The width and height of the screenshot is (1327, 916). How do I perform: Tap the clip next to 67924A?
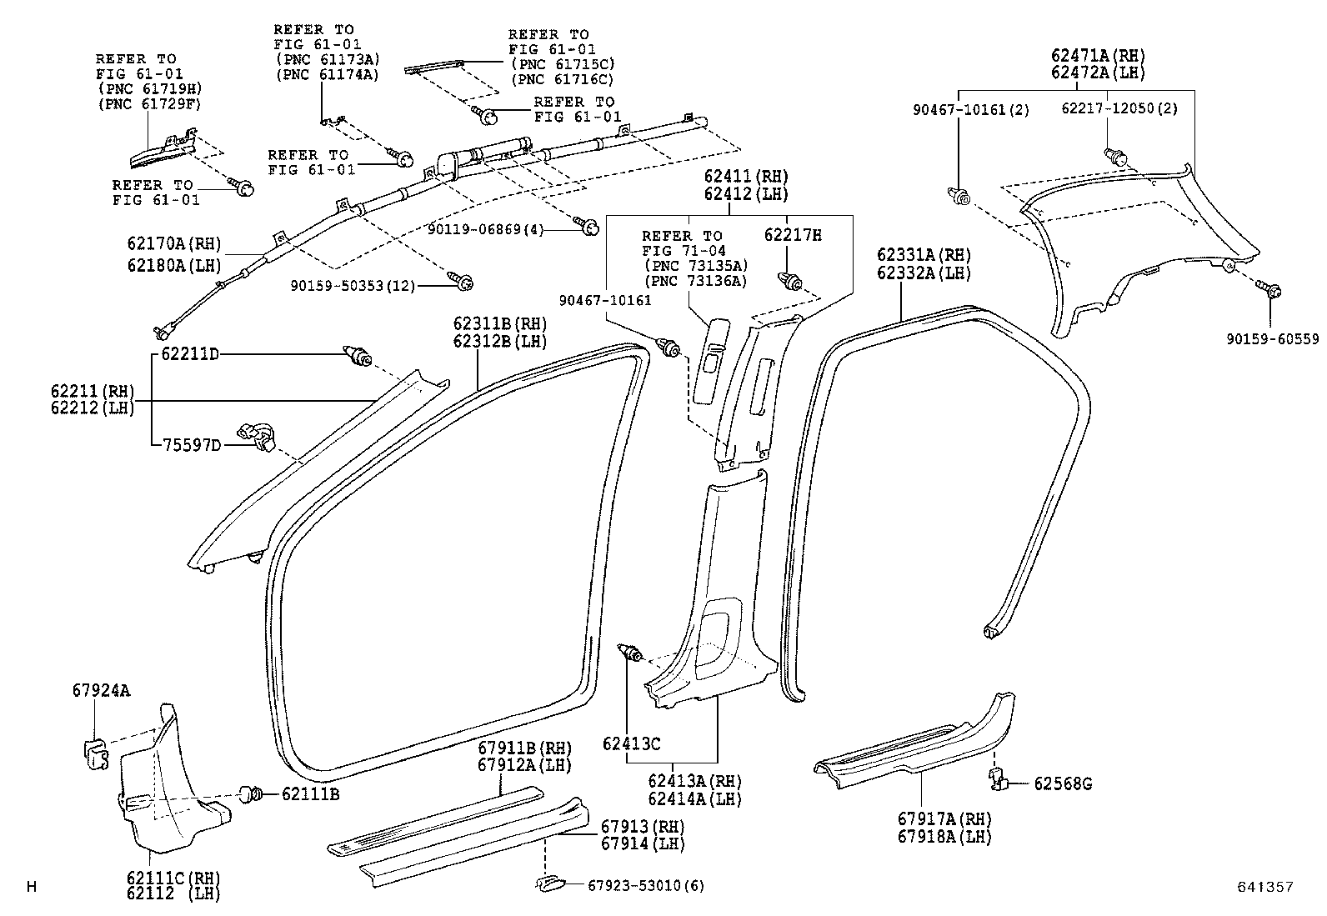coord(97,753)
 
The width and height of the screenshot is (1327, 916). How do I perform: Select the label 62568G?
coord(1063,783)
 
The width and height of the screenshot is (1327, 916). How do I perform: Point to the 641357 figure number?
coord(1264,887)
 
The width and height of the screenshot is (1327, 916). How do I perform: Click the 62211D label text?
coord(189,354)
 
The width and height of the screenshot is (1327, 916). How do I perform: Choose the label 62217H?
coord(792,235)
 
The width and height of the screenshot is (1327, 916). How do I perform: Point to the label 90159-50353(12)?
coord(353,285)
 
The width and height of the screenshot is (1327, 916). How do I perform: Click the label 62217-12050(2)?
coord(1119,109)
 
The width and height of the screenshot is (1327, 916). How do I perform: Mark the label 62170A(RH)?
coord(174,243)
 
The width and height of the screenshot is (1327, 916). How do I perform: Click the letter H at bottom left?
coord(32,887)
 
